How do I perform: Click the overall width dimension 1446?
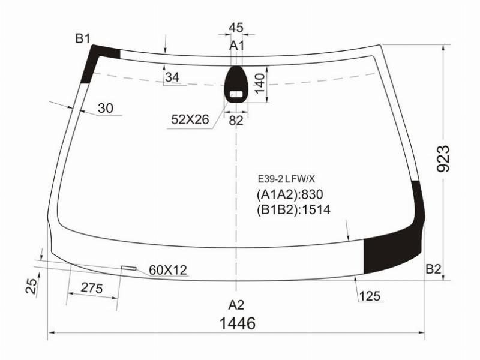point(238,323)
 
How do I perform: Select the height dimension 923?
point(443,158)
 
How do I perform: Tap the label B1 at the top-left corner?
point(83,39)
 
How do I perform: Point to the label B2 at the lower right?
point(433,269)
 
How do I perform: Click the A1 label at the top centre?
point(236,46)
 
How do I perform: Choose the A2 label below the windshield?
point(236,305)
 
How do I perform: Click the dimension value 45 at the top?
point(236,28)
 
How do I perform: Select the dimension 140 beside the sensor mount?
point(259,83)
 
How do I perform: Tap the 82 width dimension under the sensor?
point(236,121)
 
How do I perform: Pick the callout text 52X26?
point(190,119)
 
